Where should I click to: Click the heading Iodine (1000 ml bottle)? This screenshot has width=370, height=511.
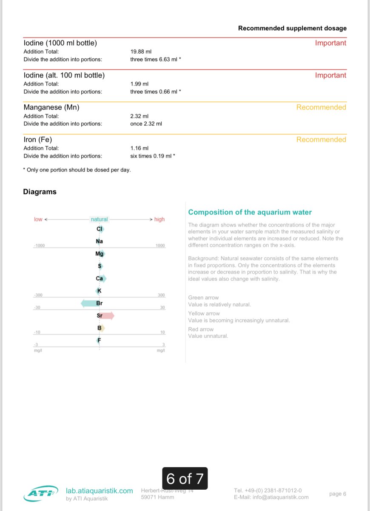pyautogui.click(x=60, y=43)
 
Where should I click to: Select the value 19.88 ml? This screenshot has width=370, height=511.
pyautogui.click(x=140, y=52)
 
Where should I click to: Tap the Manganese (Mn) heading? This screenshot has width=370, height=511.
pyautogui.click(x=51, y=108)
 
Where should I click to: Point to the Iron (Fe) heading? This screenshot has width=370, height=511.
pyautogui.click(x=38, y=140)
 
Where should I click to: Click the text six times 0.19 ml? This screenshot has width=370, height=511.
pyautogui.click(x=151, y=156)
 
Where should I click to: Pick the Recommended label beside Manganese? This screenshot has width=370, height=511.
pyautogui.click(x=321, y=107)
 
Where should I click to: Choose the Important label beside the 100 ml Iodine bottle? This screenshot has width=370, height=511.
pyautogui.click(x=330, y=75)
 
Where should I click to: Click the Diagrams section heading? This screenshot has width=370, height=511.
pyautogui.click(x=40, y=192)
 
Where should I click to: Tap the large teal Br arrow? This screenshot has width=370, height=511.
pyautogui.click(x=88, y=303)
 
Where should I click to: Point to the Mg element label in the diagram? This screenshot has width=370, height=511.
pyautogui.click(x=100, y=254)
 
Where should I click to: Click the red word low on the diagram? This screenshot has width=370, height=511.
pyautogui.click(x=38, y=219)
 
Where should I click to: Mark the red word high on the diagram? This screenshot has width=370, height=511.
pyautogui.click(x=159, y=219)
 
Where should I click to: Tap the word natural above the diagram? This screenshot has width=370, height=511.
pyautogui.click(x=100, y=219)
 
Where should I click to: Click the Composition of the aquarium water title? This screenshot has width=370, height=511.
pyautogui.click(x=250, y=212)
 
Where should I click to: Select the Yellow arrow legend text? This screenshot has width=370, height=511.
pyautogui.click(x=204, y=313)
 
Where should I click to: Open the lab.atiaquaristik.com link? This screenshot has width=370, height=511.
pyautogui.click(x=100, y=491)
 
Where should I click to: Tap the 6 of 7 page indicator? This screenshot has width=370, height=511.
pyautogui.click(x=185, y=479)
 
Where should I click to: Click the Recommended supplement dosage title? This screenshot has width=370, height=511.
pyautogui.click(x=292, y=29)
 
